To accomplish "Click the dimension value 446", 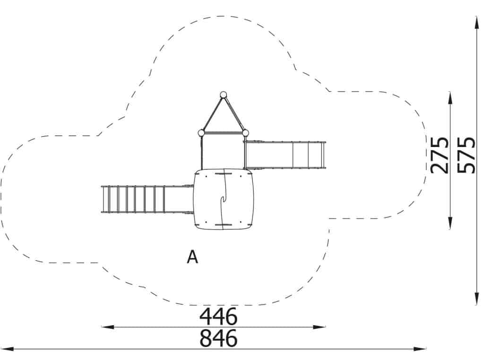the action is [x=218, y=316].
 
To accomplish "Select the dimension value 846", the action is [x=218, y=338].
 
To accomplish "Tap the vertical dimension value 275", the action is [x=439, y=155].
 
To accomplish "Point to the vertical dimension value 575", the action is [x=466, y=155].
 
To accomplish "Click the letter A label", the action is [x=192, y=257].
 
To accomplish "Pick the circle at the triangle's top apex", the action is [x=223, y=95].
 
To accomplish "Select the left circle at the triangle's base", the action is [x=201, y=133].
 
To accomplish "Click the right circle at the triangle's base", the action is [x=245, y=133].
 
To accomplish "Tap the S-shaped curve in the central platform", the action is [x=224, y=199].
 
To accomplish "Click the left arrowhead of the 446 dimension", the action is [x=106, y=327].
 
